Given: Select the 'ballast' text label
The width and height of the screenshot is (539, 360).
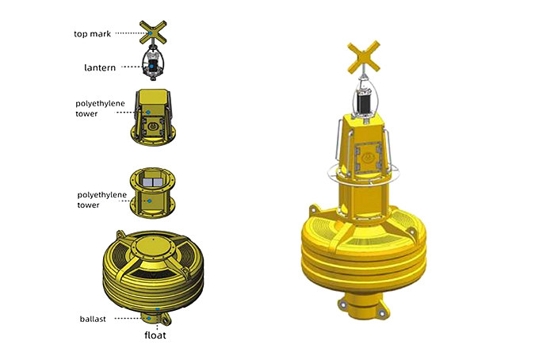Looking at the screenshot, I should (95, 318).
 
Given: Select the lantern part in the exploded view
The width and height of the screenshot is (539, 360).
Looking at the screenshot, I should (153, 63).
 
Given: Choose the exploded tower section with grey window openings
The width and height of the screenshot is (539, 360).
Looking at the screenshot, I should (152, 192).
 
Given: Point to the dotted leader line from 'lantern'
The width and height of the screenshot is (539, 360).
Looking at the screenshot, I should (131, 67).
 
